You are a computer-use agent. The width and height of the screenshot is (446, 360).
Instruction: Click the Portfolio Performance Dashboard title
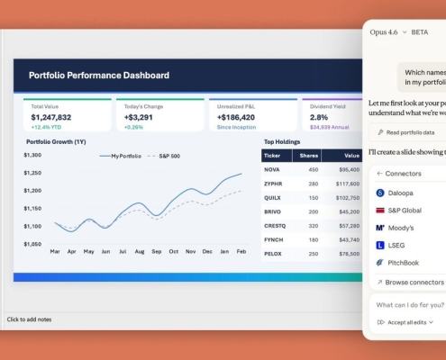(99, 76)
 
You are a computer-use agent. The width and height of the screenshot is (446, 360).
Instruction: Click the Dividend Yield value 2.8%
(320, 117)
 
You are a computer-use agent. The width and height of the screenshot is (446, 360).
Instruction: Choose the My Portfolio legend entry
(124, 156)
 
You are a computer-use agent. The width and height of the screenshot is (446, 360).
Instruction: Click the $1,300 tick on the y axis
(32, 156)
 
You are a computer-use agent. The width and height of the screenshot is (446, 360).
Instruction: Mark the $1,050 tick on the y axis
(32, 244)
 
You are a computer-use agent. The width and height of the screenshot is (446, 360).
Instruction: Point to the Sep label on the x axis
(157, 251)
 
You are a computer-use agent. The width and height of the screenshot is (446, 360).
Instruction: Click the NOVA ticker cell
(273, 169)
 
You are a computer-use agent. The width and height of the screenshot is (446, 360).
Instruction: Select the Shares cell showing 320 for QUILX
(313, 197)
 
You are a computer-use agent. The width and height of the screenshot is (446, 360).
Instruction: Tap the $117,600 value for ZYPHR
(347, 184)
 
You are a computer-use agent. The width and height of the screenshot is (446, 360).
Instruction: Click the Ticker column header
(274, 155)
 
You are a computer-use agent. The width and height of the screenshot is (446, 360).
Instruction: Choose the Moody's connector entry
(401, 228)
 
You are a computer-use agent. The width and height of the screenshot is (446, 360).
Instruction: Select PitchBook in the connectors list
(404, 263)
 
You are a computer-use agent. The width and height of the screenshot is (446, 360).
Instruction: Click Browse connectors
(414, 283)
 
